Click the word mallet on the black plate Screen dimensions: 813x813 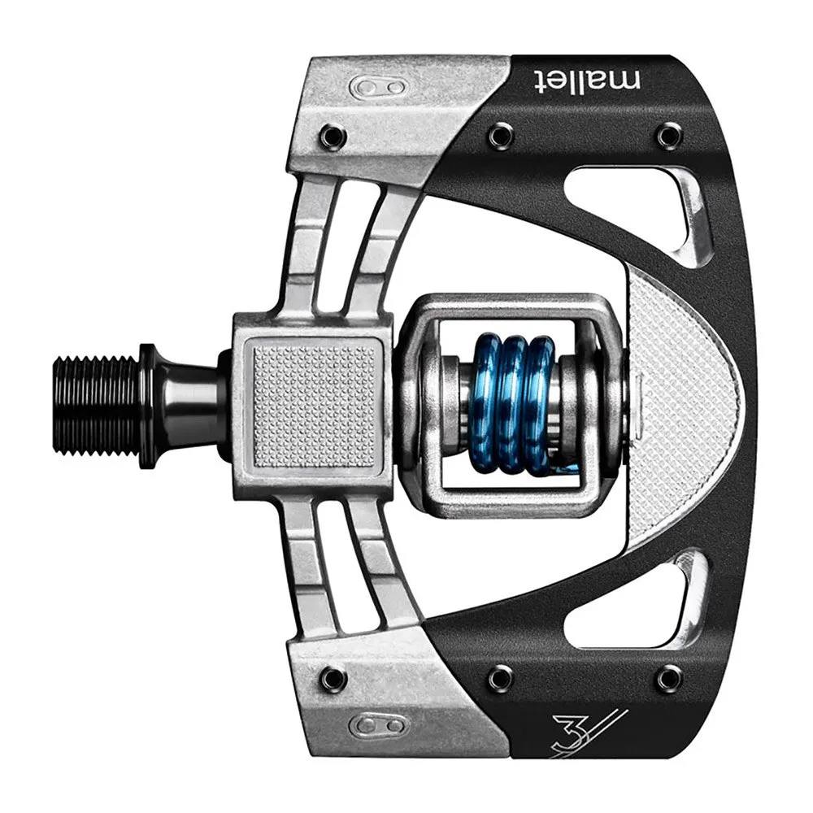[587, 80]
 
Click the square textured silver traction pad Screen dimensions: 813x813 [315, 405]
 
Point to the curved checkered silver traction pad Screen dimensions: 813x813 [687, 405]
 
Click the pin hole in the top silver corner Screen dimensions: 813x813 [332, 136]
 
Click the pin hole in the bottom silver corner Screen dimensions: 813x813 [332, 676]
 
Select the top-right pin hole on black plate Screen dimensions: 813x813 [669, 135]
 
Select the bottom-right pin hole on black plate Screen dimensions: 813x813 [669, 676]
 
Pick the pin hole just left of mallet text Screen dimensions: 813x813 [501, 135]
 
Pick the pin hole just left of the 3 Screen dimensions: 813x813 [501, 676]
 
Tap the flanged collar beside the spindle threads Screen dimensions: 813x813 [149, 405]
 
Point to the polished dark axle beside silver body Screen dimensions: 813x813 [191, 405]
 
